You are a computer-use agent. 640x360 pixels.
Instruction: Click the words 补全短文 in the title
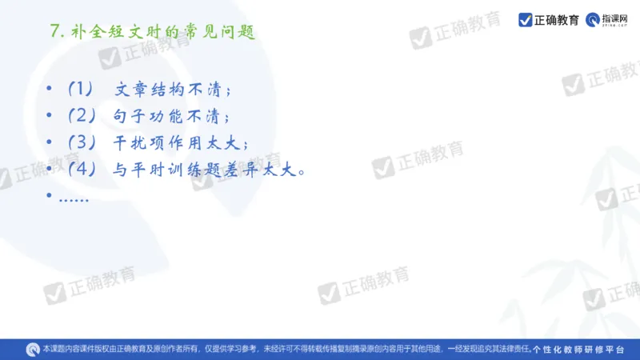coord(99,32)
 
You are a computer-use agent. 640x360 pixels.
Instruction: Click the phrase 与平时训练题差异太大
coord(208,170)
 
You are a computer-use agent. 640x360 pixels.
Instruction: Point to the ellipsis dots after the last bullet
coord(74,196)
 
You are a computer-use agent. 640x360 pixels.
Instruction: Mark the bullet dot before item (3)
coord(50,142)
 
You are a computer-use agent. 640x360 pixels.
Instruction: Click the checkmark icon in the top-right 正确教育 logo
coord(526,19)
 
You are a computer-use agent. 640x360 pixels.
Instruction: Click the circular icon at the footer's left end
coord(33,349)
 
